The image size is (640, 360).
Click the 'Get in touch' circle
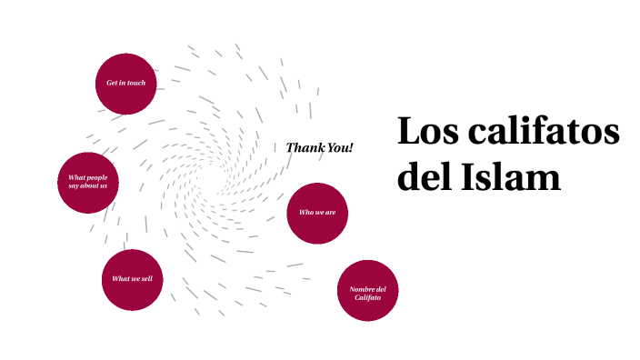click(125, 84)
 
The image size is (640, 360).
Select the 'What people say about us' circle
click(87, 182)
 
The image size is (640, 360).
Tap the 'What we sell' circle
click(132, 279)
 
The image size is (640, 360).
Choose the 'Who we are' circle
click(317, 213)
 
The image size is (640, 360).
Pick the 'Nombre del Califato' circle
click(367, 291)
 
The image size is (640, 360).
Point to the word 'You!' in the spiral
click(341, 148)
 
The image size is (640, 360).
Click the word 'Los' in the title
click(427, 133)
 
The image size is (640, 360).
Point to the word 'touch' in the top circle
click(135, 84)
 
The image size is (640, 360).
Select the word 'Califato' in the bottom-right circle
click(367, 297)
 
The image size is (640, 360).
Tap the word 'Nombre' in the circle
click(360, 289)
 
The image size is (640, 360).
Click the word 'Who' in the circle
click(306, 213)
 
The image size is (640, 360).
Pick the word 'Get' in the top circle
click(111, 84)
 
